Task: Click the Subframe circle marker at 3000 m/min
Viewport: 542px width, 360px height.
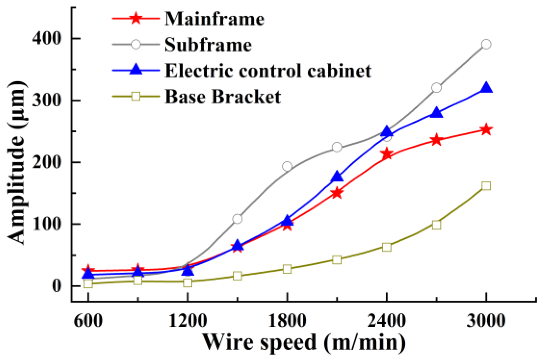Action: coord(486,44)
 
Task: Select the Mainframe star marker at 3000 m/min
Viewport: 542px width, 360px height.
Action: coord(486,129)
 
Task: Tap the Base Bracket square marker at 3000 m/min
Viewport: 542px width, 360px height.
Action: coord(486,186)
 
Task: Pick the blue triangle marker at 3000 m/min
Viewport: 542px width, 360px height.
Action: coord(486,88)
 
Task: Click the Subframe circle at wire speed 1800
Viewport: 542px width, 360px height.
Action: coord(287,166)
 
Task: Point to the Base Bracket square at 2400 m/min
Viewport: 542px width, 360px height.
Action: coord(387,247)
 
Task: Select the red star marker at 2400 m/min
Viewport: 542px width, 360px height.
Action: coord(387,154)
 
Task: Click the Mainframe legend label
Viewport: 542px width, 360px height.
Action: coord(214,19)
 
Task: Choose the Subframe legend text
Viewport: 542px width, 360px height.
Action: coord(208,45)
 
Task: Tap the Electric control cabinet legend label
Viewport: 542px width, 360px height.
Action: coord(268,71)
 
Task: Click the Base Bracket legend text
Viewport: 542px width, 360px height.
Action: coord(222,96)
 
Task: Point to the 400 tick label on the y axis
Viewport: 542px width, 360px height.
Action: coord(47,38)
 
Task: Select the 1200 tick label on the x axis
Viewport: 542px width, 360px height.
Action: coord(188,320)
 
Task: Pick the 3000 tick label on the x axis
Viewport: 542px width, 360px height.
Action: coord(486,320)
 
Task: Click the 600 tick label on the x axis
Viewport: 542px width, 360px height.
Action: coord(88,320)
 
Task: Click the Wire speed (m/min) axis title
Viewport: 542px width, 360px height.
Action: coord(304,342)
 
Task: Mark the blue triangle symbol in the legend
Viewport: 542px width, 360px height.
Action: coord(136,70)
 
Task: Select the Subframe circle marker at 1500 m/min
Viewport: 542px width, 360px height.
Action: coord(237,219)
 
